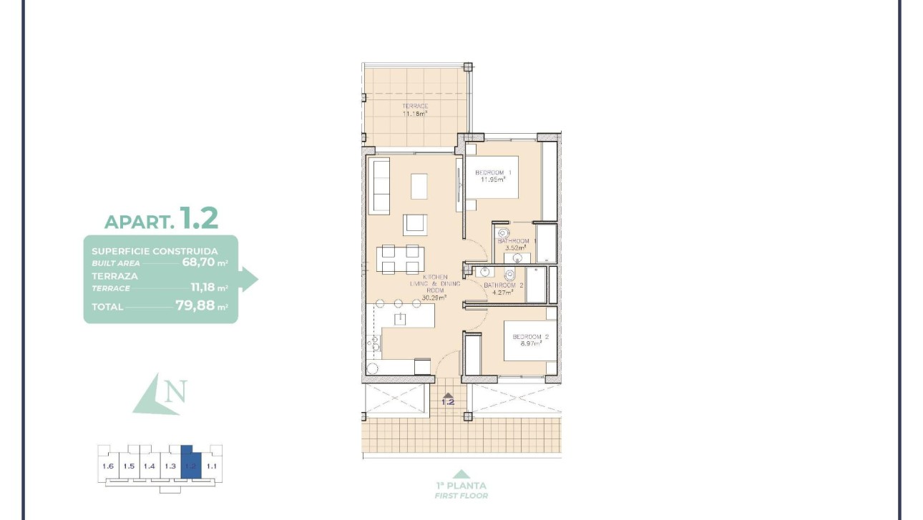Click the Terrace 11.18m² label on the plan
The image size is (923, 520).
point(414,109)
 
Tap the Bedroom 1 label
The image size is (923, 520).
point(494,176)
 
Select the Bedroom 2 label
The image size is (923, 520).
point(530,340)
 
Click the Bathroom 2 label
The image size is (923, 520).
point(504,288)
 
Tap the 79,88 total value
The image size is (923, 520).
point(195,306)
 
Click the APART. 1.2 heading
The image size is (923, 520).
point(162,219)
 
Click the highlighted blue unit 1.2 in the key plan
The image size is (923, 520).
point(190,465)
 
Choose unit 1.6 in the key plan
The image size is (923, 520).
point(108,466)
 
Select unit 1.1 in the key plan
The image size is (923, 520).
point(211,466)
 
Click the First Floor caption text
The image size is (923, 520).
point(461,496)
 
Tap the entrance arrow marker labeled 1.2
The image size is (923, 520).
point(448,399)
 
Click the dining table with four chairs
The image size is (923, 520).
point(400,259)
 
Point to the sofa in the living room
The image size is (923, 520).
point(379,186)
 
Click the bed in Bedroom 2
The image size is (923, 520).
point(529,340)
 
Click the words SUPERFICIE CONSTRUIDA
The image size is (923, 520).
point(155,251)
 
